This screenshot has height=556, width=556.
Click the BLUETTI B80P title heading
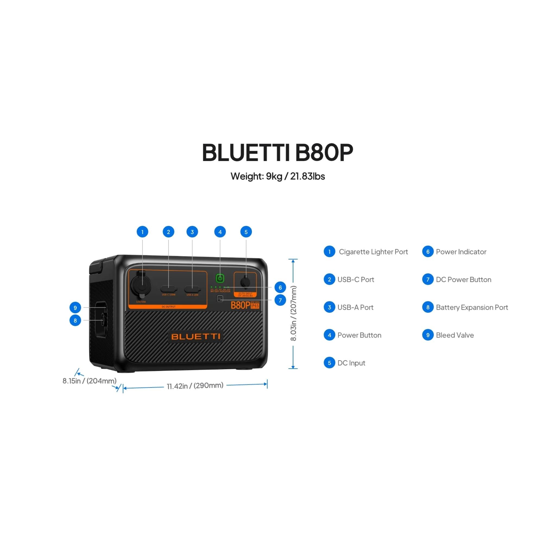[x=277, y=152]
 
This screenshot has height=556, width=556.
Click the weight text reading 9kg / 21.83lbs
[x=278, y=176]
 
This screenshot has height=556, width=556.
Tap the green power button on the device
[x=220, y=278]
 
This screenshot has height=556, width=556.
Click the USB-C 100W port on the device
[x=168, y=288]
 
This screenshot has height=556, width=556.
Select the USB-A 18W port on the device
[x=192, y=288]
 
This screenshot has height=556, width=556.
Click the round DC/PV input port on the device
[x=245, y=282]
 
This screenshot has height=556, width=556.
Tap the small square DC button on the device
[x=220, y=298]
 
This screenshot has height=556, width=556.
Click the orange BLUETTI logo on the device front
[x=196, y=336]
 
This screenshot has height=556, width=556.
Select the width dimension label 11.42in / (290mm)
[x=195, y=386]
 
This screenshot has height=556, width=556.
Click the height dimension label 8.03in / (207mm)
[x=293, y=313]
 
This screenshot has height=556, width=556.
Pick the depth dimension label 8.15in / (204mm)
[x=90, y=381]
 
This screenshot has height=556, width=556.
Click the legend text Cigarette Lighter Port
[x=373, y=252]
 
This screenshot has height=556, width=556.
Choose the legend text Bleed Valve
[x=455, y=335]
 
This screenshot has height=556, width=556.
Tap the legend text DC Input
[x=351, y=363]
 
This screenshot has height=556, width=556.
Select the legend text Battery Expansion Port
[x=472, y=307]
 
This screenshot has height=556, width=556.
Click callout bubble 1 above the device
[x=142, y=232]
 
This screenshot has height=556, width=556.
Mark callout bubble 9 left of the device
[x=75, y=307]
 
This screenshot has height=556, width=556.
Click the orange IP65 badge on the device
[x=255, y=306]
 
